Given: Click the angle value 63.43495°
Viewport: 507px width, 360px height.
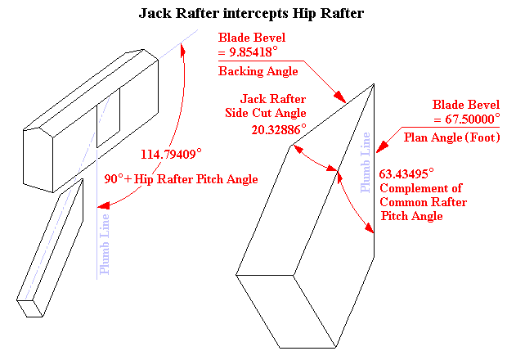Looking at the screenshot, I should click(406, 173).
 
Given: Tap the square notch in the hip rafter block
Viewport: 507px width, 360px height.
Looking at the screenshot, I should click(108, 117).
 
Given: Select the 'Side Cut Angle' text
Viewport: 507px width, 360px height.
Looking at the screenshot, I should click(271, 113).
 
